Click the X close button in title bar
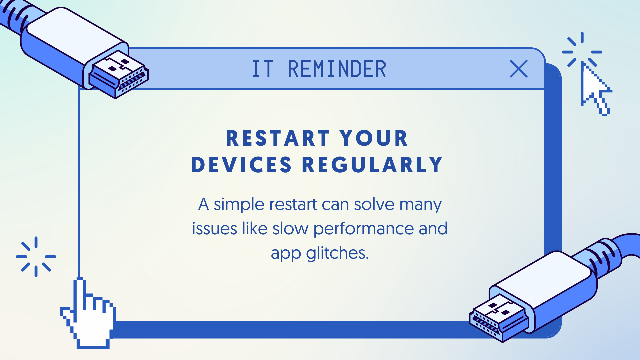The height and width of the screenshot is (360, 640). tap(519, 69)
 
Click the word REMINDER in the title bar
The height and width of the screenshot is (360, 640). tap(337, 69)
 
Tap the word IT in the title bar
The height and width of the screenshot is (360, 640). tap(263, 69)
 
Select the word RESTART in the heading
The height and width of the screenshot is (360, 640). tap(278, 138)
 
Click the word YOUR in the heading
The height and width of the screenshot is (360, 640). tap(374, 138)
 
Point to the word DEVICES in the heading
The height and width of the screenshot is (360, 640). tap(241, 165)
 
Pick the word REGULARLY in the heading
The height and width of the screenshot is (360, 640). tap(372, 165)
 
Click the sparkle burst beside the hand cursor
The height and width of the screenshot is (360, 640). tap(36, 257)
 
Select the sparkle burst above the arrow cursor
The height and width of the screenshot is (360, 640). tap(582, 50)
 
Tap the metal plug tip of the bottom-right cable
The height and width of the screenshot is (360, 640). tap(498, 318)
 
